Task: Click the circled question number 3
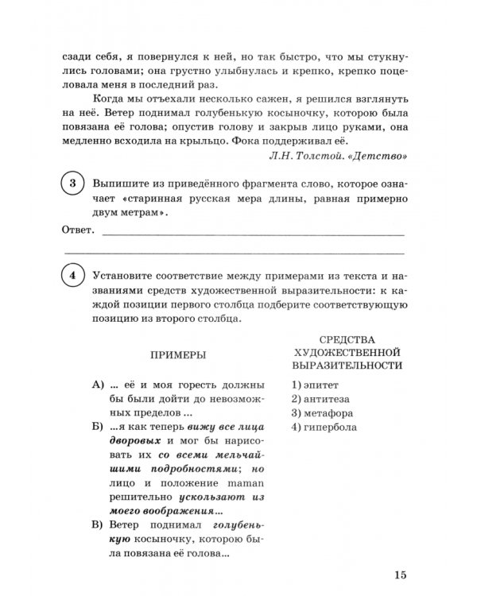(x=73, y=184)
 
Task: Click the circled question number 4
(x=73, y=279)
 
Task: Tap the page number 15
(x=400, y=575)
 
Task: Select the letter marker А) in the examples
(x=99, y=384)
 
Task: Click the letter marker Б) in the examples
(x=99, y=428)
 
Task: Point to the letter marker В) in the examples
(x=99, y=525)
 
